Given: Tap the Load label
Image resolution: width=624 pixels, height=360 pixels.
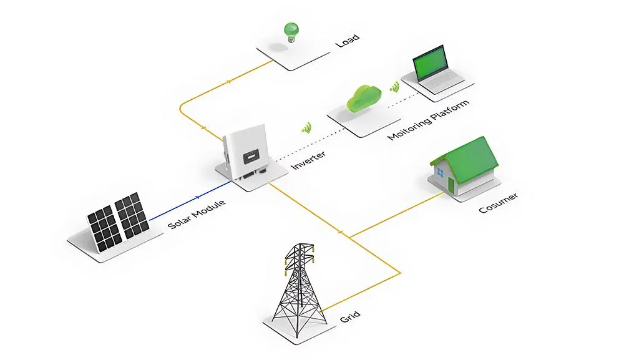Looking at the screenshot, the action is coord(348,40).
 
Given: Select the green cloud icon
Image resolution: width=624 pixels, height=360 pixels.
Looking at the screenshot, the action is coord(364,98).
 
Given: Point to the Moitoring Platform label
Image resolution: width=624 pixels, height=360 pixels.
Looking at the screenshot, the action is coord(428,120).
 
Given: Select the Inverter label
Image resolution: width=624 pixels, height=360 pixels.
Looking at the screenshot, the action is coord(308,160).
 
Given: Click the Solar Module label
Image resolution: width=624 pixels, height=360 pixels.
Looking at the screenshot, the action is coord(197,214).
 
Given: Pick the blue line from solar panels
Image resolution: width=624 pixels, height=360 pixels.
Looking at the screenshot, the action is coord(190,200).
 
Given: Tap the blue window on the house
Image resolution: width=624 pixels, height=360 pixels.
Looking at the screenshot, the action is coord(440,173).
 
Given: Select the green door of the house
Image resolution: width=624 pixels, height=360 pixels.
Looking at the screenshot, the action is coord(451,184).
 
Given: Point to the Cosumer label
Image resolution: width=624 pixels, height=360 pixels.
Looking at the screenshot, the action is coord(498,203).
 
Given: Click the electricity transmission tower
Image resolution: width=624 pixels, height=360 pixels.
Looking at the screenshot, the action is coord(300,285).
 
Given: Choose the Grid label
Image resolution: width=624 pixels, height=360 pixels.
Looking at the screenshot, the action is coord(350,317).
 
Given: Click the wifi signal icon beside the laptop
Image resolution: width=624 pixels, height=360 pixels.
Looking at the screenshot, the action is coord(394,87).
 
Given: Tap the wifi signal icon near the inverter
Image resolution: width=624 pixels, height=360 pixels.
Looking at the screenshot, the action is coord(306,128).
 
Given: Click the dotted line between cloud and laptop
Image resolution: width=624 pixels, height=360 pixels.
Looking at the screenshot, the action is coord(404,100).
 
